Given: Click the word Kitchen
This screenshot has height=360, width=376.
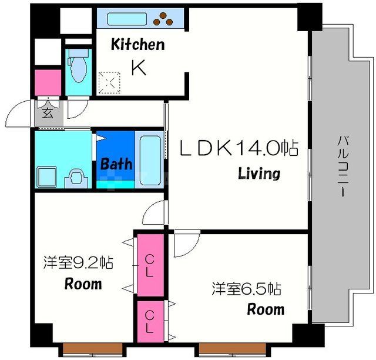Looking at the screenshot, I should [x=138, y=45].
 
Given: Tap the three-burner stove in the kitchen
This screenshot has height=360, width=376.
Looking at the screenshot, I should [x=166, y=19].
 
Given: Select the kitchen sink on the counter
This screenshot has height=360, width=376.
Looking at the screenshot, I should [x=127, y=19].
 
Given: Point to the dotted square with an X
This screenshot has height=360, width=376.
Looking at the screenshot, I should [x=109, y=82].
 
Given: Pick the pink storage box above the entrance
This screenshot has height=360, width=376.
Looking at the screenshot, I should [x=48, y=82].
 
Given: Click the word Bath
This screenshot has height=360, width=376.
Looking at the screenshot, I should [x=116, y=164].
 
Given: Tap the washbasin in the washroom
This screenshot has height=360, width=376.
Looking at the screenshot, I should [x=75, y=175].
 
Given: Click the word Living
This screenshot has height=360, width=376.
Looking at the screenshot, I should [x=258, y=174].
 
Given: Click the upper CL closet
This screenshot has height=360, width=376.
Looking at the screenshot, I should [x=150, y=265].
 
